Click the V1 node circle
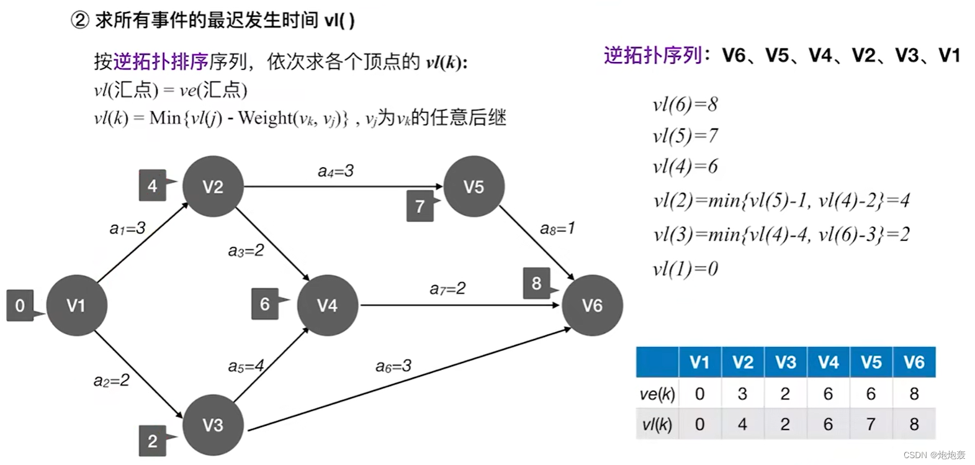tap(76, 305)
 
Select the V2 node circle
tap(212, 186)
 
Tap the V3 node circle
tap(212, 425)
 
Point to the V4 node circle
tap(327, 305)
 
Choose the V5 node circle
tap(474, 186)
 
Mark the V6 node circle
tap(592, 305)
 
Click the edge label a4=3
tap(335, 171)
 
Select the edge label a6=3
tap(393, 366)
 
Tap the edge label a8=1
tap(557, 228)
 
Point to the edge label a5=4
tap(246, 366)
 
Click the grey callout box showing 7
tap(420, 206)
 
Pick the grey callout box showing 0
tap(20, 305)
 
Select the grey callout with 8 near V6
tap(537, 284)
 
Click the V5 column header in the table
tap(871, 363)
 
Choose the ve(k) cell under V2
tap(742, 394)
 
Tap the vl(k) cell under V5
tap(871, 424)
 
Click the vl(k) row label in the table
tap(657, 424)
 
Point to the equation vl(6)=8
tap(685, 104)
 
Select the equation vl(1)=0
tap(685, 269)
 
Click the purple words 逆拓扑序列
tap(652, 55)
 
